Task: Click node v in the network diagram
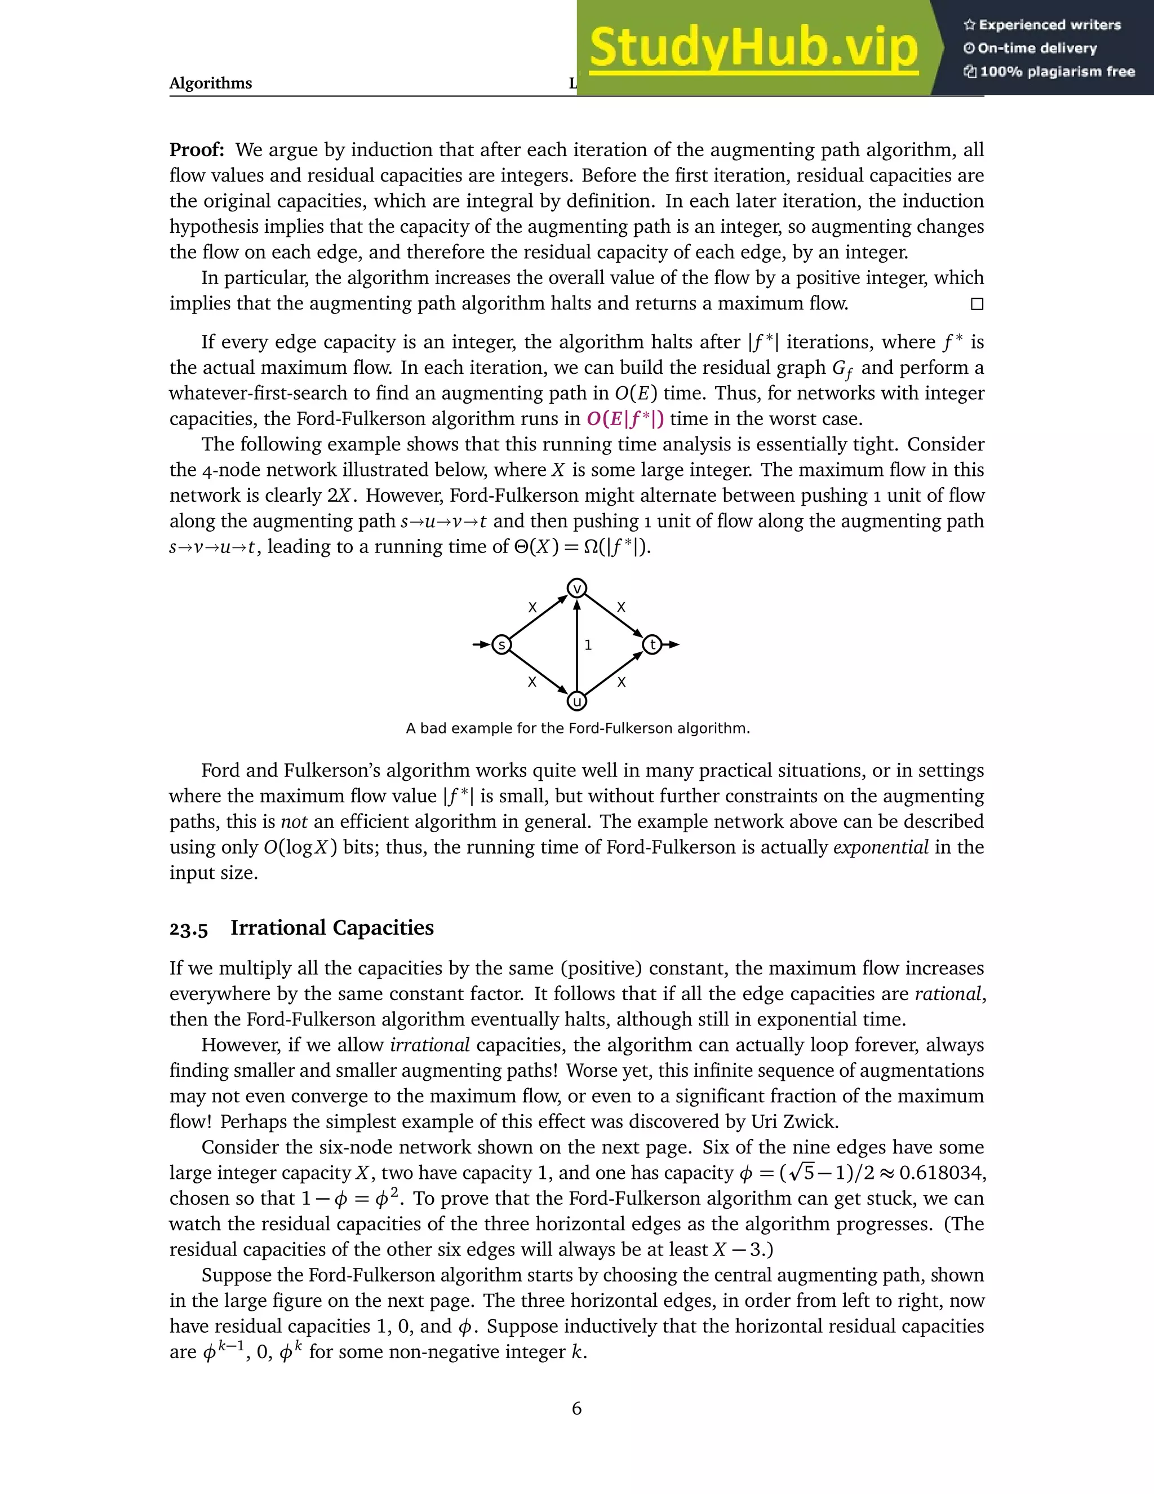577,588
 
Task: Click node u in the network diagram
577,701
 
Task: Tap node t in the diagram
652,644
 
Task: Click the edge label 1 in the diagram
588,645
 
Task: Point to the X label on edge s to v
532,607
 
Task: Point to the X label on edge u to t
621,682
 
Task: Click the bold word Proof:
197,150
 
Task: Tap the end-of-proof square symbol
977,304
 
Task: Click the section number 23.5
189,929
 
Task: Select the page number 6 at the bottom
576,1408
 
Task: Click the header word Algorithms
211,83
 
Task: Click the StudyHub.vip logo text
753,48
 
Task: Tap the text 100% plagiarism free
1057,72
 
